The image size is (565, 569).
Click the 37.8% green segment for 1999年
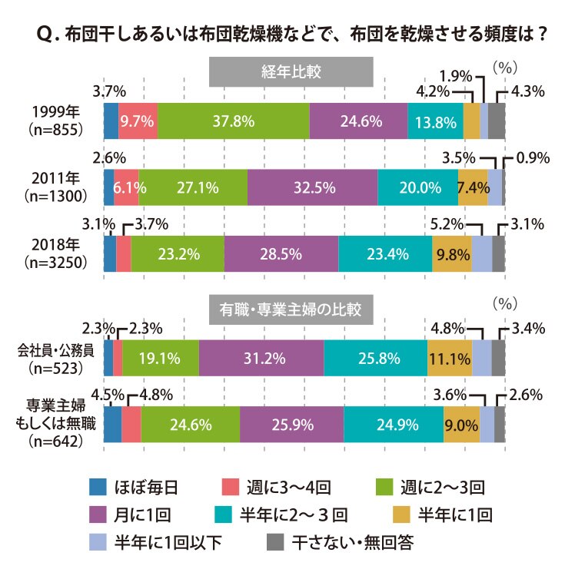233,121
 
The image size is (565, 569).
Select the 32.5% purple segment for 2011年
312,187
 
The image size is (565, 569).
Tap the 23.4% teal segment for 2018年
385,253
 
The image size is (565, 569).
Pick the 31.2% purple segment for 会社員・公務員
261,358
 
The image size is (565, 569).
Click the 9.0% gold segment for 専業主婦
462,425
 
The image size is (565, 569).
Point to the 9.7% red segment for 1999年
138,121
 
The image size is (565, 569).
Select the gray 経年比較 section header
291,72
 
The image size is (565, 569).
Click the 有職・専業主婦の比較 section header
291,309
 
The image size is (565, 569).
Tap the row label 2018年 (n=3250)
55,253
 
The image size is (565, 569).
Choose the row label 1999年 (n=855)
55,121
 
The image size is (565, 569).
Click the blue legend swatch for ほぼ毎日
98,487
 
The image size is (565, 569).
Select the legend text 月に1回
142,515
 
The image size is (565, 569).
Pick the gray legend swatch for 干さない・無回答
275,542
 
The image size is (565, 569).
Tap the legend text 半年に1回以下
168,542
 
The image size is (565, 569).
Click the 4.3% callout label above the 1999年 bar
527,91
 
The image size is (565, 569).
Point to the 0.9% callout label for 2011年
533,158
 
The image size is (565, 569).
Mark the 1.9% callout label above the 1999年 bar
456,76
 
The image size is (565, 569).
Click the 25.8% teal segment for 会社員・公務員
376,358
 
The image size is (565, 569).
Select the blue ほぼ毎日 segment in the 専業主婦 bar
113,425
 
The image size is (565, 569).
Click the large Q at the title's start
46,35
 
